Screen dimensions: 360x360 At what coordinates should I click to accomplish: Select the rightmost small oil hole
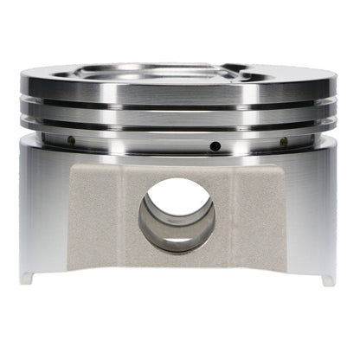[x=283, y=141]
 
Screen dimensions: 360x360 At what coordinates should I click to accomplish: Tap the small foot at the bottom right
[x=327, y=279]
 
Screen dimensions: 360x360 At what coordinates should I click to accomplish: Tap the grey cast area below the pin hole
[x=177, y=268]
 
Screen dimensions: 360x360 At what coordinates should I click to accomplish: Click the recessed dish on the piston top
[x=164, y=71]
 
